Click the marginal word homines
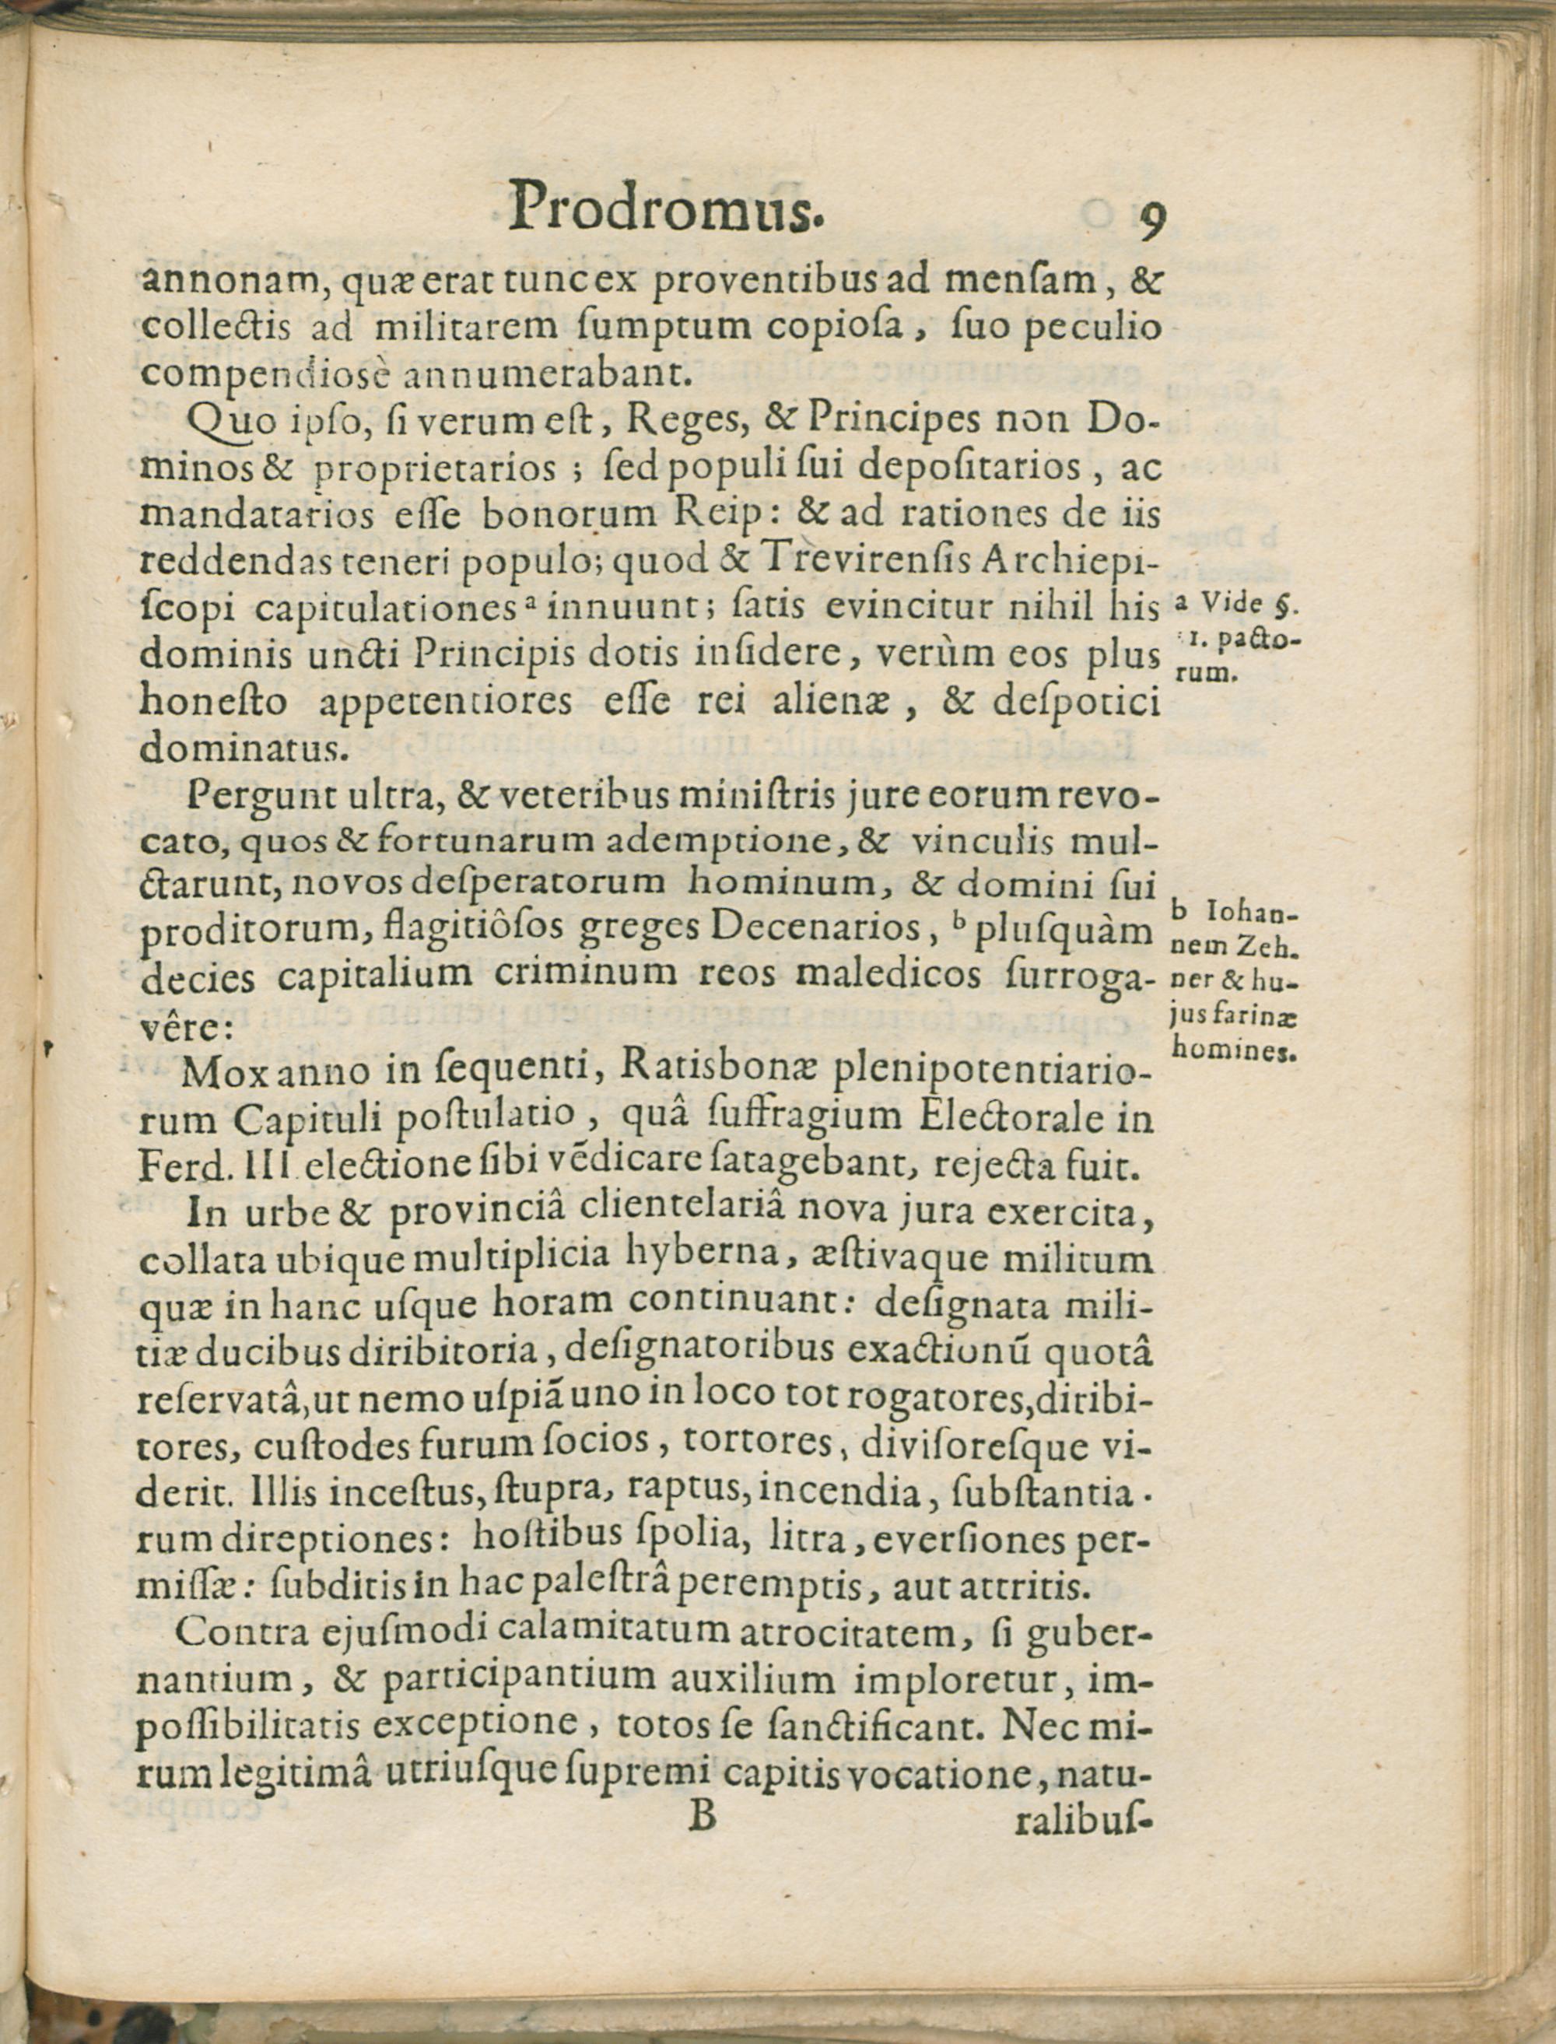[x=1232, y=1052]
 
